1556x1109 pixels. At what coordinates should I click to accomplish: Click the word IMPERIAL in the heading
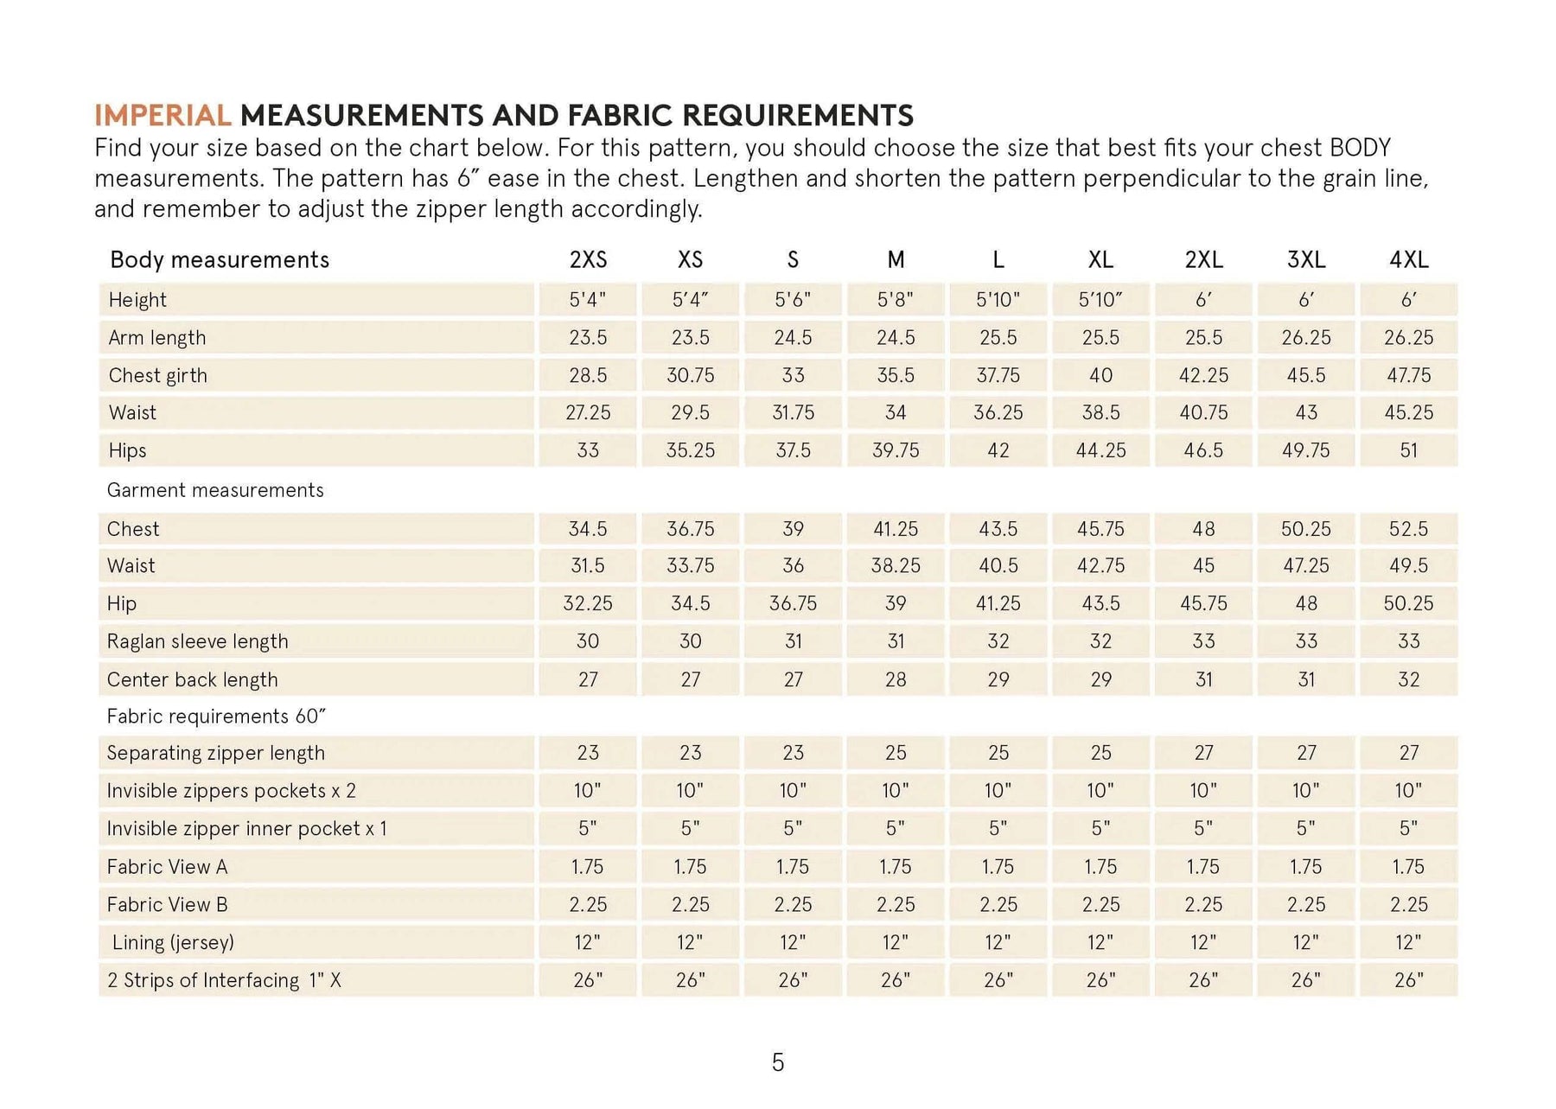click(163, 115)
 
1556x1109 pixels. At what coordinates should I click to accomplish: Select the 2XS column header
click(588, 259)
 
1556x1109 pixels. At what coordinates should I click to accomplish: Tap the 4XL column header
click(1408, 259)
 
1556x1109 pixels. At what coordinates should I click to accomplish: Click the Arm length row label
click(157, 338)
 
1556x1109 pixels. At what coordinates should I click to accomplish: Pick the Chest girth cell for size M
click(896, 375)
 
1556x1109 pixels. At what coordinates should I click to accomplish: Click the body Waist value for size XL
click(1100, 413)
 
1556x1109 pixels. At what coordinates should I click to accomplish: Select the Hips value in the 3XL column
click(1305, 450)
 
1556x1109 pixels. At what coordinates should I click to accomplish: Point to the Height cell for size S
click(793, 300)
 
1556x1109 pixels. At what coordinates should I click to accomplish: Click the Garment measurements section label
click(215, 490)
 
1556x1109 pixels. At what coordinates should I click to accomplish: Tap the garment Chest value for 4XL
click(1408, 529)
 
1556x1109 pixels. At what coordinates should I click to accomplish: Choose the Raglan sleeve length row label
click(197, 641)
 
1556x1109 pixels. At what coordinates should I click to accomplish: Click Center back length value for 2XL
click(1203, 679)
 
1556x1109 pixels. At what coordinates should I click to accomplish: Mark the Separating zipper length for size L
click(998, 753)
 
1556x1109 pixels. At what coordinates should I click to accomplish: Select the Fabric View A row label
click(167, 867)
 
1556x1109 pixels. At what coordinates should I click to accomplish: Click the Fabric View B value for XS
click(690, 905)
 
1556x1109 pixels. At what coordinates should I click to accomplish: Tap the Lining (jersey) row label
click(173, 942)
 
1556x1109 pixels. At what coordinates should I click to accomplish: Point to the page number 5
click(778, 1062)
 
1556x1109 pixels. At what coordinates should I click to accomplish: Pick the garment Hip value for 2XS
click(588, 603)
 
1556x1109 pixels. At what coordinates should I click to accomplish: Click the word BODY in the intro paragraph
click(1360, 148)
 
